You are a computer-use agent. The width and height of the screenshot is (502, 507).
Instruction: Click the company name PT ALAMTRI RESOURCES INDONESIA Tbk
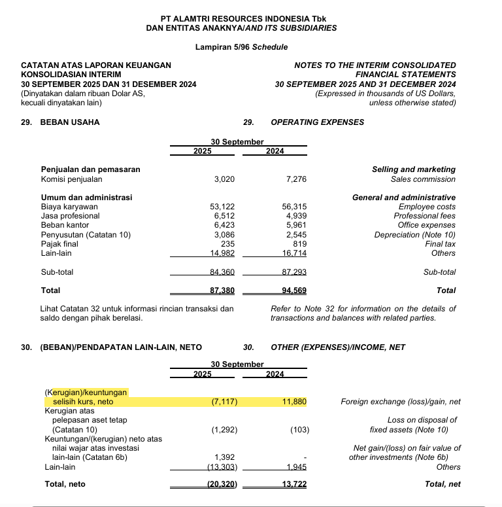tap(242, 18)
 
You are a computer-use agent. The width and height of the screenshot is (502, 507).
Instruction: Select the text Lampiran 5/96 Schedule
tap(241, 47)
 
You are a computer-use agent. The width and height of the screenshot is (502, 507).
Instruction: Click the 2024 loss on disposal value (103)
tap(298, 430)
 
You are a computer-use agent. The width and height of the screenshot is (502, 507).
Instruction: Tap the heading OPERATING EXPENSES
tap(317, 122)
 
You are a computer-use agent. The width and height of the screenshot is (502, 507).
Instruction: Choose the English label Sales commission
tap(423, 179)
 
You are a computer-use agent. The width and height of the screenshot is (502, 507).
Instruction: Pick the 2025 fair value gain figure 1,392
tap(225, 457)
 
